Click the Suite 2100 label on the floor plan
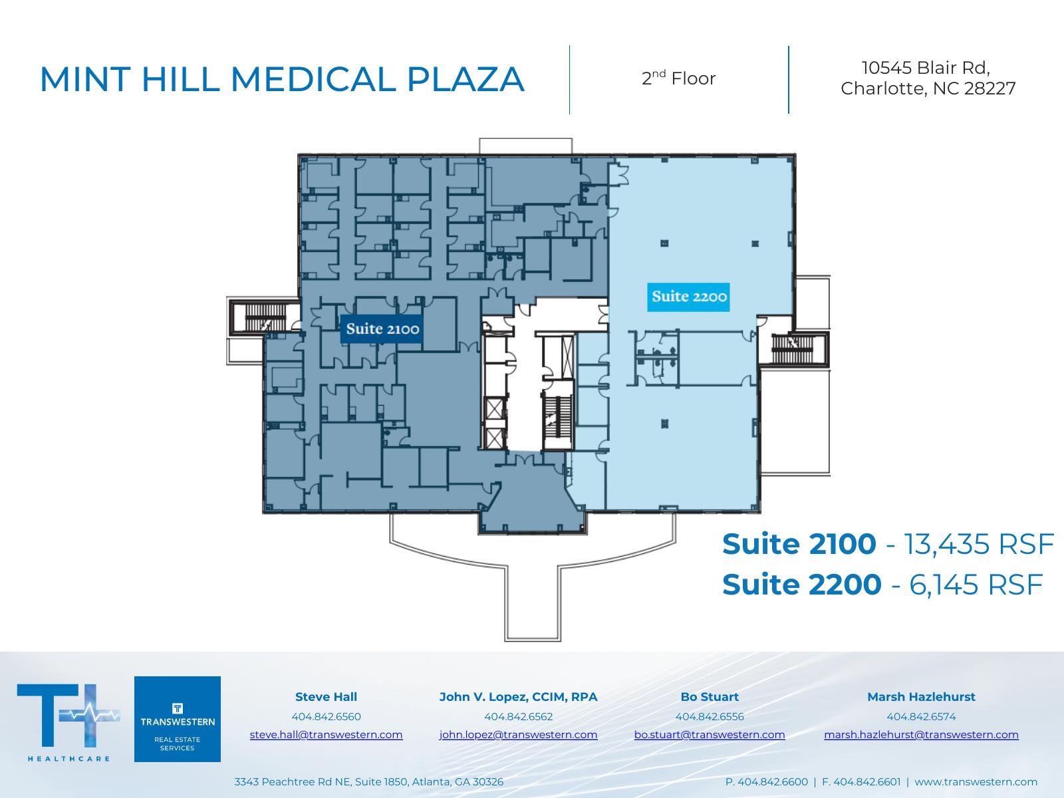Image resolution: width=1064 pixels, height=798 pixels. (x=382, y=329)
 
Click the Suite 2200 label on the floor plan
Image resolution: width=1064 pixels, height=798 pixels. (x=688, y=297)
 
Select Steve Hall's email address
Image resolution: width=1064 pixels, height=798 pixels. (x=326, y=734)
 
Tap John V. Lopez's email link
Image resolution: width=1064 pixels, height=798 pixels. (x=518, y=734)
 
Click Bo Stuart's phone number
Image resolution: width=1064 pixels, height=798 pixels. (x=710, y=716)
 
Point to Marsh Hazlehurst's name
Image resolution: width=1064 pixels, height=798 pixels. (x=921, y=697)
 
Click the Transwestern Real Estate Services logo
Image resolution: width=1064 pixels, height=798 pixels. (x=178, y=719)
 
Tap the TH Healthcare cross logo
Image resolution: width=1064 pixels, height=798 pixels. (x=68, y=717)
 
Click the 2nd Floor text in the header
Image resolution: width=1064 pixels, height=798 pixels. (x=678, y=78)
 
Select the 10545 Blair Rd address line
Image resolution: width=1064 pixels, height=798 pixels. (x=926, y=68)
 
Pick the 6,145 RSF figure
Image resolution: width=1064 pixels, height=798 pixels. (x=975, y=585)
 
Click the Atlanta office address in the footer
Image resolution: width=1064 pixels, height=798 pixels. (x=368, y=782)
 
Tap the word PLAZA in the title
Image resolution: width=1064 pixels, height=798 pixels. (x=465, y=79)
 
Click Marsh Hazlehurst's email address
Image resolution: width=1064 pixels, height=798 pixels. (x=921, y=734)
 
